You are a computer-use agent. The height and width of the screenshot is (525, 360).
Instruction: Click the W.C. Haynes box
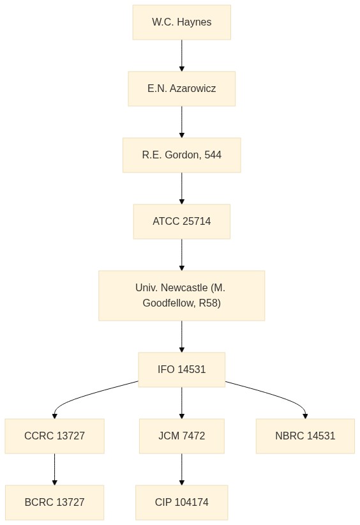point(182,22)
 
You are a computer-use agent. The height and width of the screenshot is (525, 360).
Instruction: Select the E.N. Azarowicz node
point(182,89)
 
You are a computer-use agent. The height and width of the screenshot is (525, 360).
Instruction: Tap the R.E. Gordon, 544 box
point(182,155)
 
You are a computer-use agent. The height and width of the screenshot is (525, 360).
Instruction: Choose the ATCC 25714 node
point(182,222)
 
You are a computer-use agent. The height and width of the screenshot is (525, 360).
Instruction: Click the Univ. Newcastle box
point(182,295)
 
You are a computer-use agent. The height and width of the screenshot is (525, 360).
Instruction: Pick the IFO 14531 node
point(182,370)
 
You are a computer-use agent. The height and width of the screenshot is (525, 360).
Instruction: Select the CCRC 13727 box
point(54,436)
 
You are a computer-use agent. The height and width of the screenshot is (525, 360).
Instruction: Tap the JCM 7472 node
point(182,436)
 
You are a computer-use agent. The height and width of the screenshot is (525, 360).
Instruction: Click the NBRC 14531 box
point(305,436)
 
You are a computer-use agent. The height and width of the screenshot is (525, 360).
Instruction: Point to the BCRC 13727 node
point(54,502)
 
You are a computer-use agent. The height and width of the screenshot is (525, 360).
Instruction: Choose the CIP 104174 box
point(182,502)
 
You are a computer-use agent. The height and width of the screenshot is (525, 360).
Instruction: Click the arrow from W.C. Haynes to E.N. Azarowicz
point(182,56)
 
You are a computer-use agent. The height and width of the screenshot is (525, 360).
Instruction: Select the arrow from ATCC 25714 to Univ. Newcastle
point(182,255)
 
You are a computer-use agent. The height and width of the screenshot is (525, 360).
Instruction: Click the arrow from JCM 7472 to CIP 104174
point(182,469)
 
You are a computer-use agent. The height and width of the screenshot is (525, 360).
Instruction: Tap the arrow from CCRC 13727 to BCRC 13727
point(54,469)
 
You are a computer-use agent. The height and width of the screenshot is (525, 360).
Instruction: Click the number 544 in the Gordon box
point(213,155)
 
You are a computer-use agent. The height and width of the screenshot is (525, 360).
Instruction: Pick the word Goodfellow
point(169,303)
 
